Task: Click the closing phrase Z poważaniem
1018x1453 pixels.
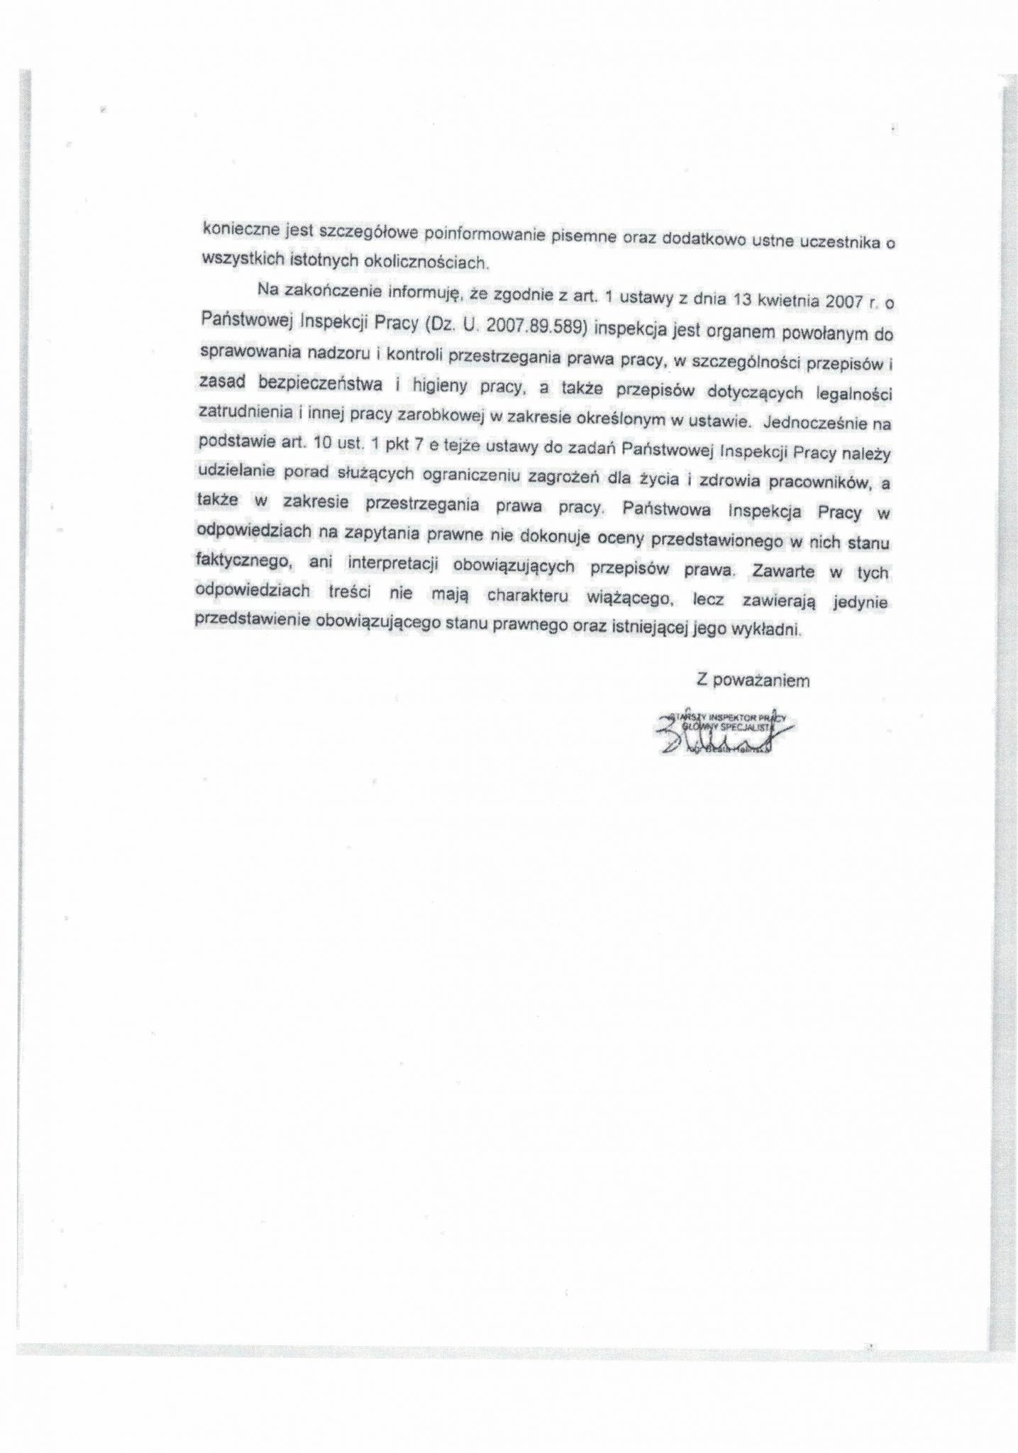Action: click(x=752, y=680)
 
